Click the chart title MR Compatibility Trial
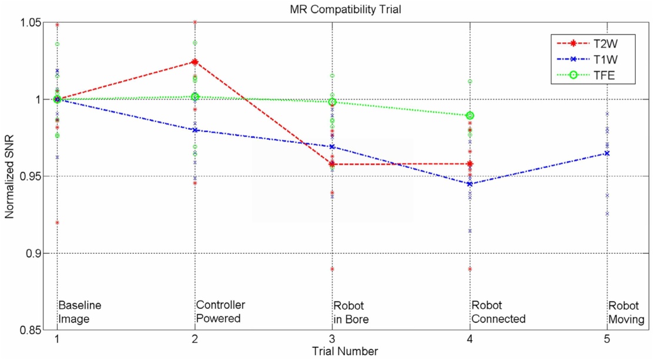(332, 9)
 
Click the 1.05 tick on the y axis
(31, 22)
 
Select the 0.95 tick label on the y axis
(31, 176)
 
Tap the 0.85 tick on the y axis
(31, 330)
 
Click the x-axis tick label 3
(333, 339)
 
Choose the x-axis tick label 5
(607, 339)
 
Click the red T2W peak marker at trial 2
(195, 62)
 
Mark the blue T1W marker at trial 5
(607, 153)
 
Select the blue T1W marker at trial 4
(469, 184)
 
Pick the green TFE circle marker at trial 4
(470, 116)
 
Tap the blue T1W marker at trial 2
(195, 130)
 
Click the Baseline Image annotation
(80, 312)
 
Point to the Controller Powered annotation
(220, 312)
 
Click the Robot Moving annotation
(626, 312)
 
